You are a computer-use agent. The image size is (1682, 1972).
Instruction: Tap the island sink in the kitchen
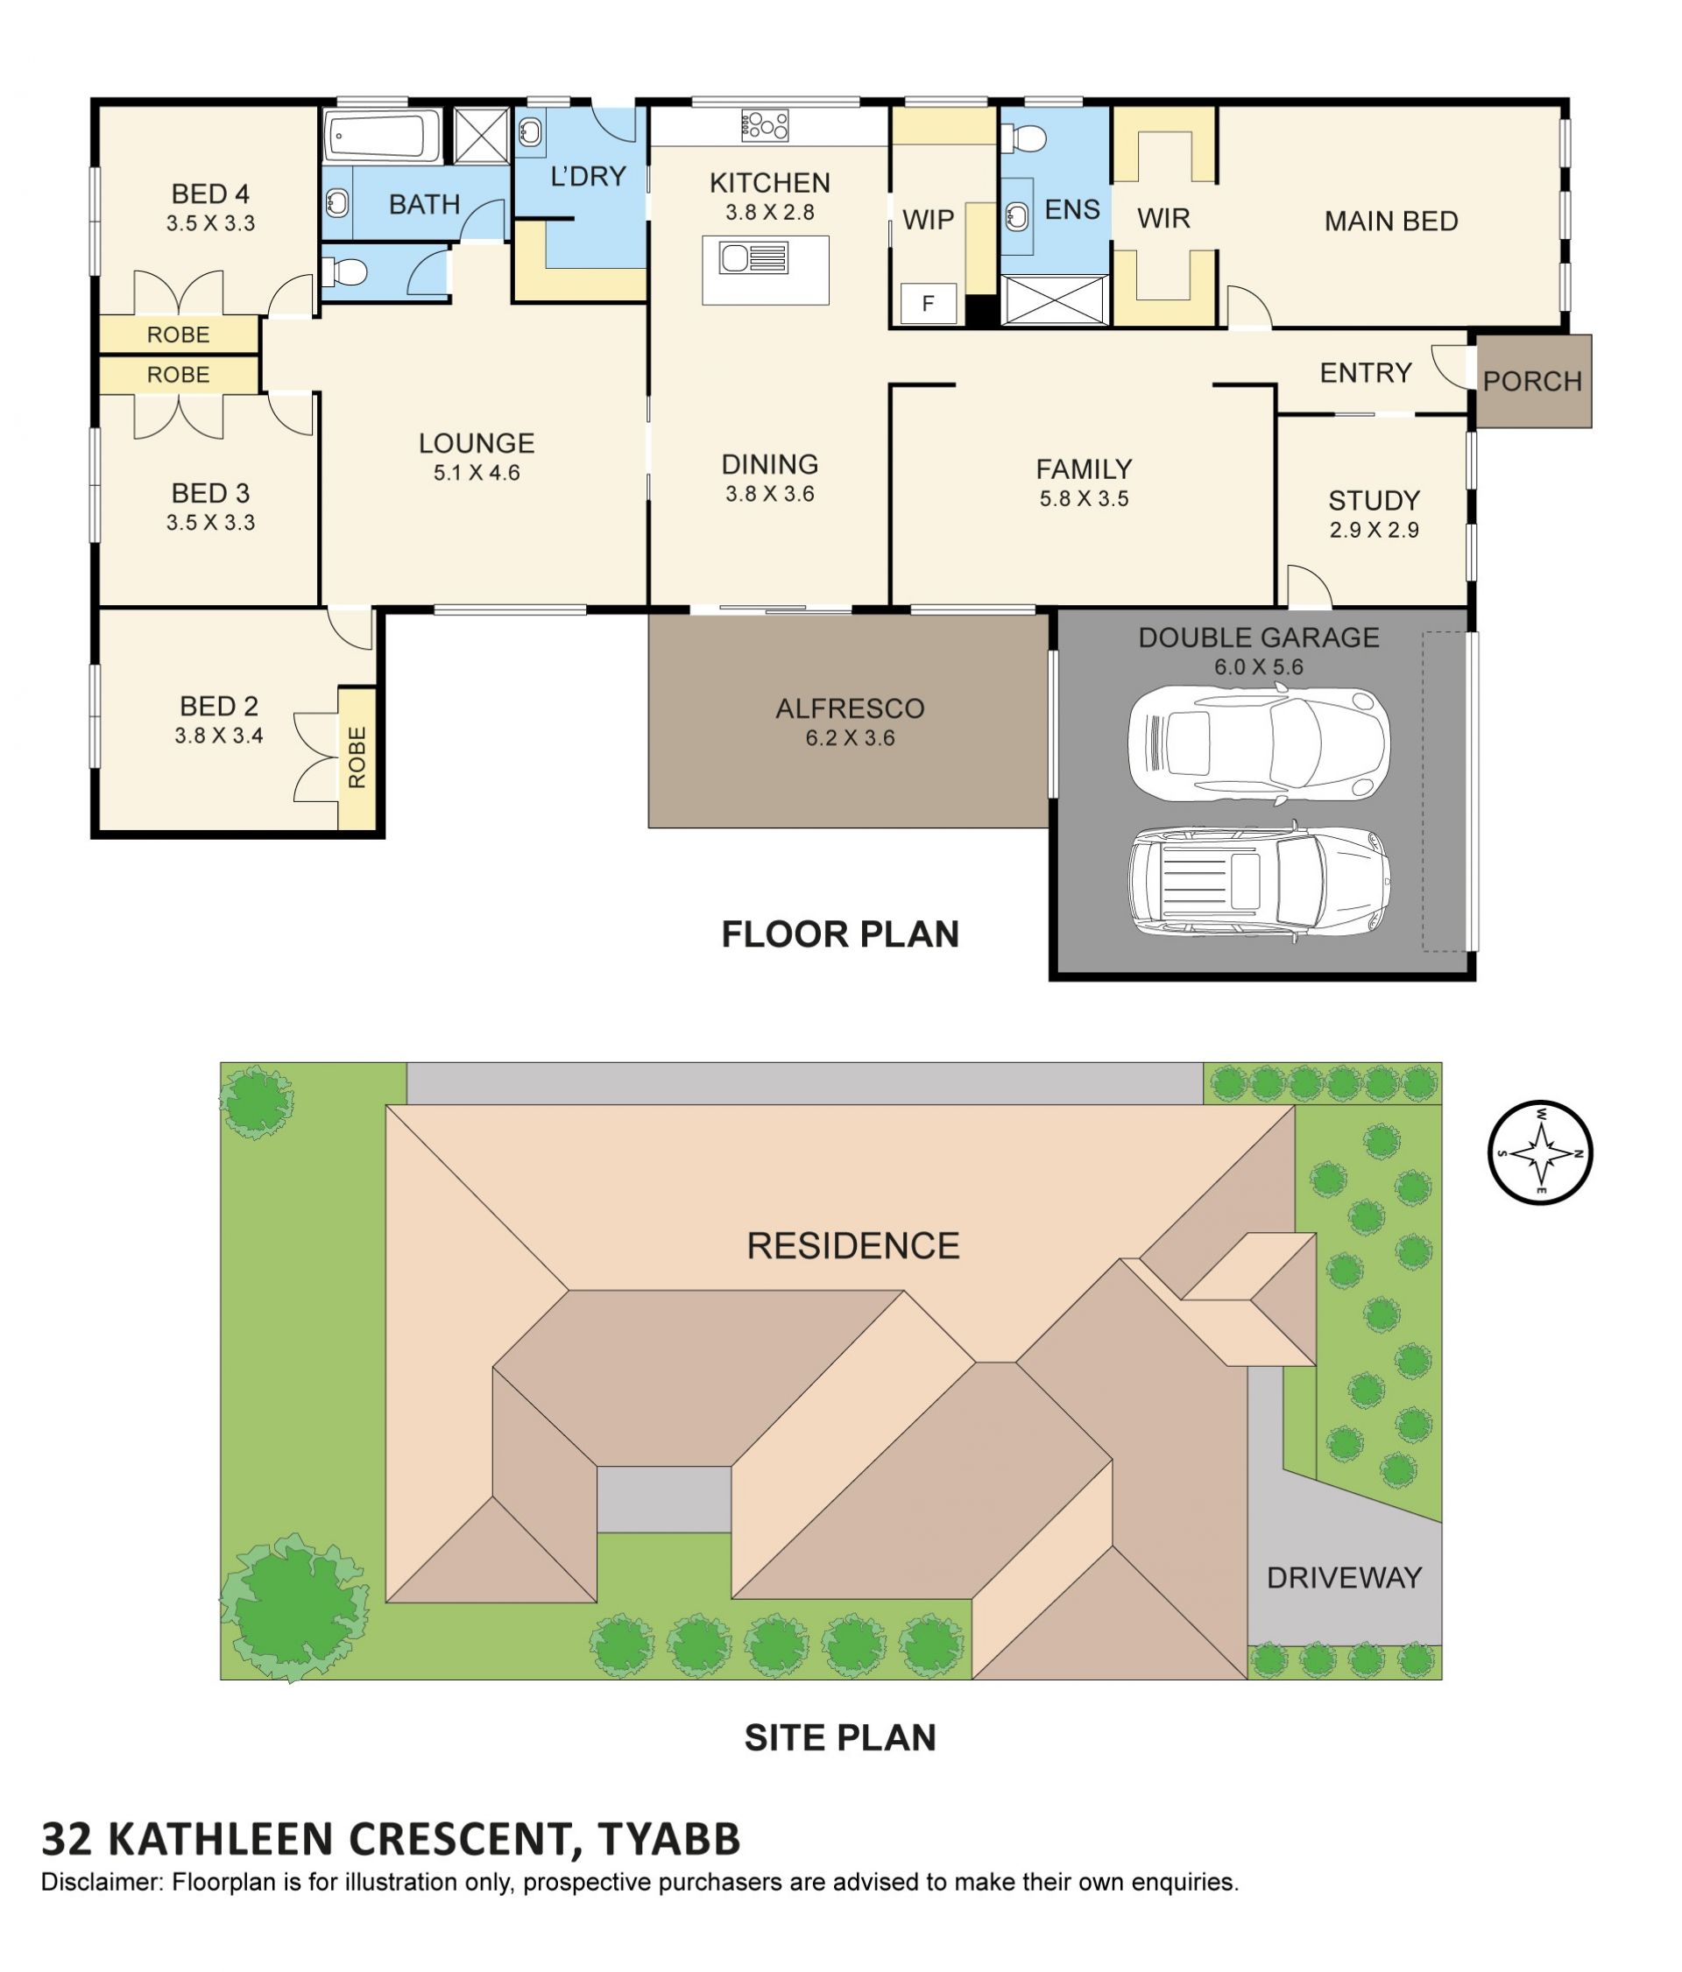click(753, 258)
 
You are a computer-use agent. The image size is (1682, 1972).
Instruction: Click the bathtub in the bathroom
click(382, 136)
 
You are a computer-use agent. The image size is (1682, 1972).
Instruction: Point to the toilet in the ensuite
click(1023, 138)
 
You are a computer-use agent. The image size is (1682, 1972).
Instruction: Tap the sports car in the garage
click(1257, 742)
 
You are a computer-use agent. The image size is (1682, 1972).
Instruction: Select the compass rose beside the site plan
click(1539, 1152)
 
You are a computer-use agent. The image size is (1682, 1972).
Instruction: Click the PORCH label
click(1531, 382)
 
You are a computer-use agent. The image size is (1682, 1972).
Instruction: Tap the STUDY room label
click(1374, 501)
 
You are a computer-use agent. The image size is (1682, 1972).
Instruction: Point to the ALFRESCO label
click(849, 708)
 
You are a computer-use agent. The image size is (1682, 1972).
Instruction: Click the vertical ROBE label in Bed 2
click(357, 757)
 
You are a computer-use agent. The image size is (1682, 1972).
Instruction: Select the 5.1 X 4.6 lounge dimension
click(477, 473)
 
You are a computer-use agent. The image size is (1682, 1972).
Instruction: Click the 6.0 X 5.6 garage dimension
click(1258, 667)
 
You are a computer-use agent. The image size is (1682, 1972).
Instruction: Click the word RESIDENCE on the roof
click(853, 1246)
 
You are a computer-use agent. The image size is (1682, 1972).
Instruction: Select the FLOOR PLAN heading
click(839, 934)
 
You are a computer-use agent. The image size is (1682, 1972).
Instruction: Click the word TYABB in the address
click(669, 1839)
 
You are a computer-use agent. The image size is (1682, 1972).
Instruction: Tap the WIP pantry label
click(928, 220)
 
